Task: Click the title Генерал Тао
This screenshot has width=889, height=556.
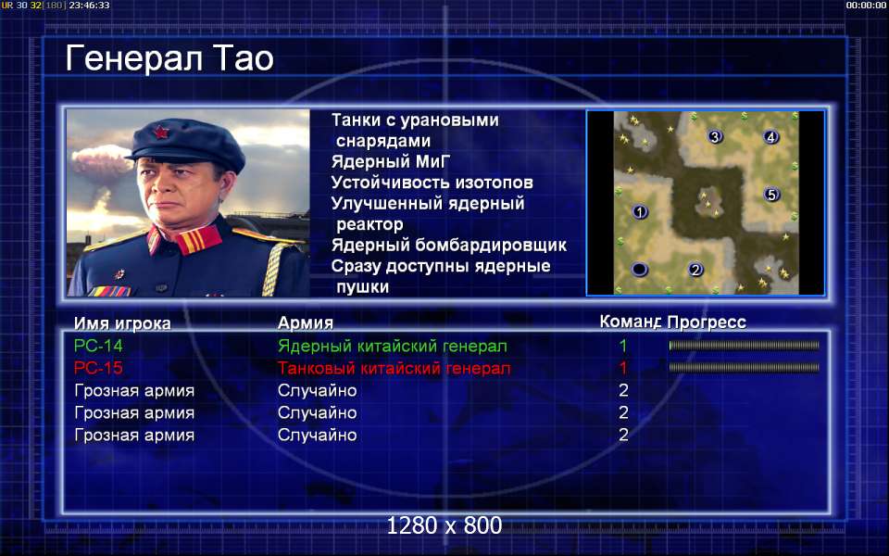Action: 169,58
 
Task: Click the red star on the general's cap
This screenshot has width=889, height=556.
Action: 160,133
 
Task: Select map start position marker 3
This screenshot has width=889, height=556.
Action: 715,137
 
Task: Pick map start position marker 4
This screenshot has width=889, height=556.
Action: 770,137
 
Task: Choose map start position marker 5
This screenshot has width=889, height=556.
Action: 771,195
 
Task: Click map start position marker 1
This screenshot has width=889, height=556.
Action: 640,212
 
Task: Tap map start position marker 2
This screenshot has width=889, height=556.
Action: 695,270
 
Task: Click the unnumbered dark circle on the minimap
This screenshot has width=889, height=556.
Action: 640,269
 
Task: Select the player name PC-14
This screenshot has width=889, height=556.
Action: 98,346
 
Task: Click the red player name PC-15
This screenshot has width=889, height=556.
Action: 98,368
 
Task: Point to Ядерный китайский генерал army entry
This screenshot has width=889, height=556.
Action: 393,346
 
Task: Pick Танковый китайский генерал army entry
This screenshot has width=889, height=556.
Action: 394,368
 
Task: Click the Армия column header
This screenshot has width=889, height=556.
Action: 305,322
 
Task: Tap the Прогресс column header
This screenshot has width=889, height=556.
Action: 707,322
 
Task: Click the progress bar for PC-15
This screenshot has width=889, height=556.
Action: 744,368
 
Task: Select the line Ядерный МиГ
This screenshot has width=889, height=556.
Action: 391,161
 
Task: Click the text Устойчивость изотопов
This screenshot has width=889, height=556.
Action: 432,183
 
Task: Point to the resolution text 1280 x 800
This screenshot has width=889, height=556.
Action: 444,525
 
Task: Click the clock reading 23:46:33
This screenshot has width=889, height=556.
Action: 89,6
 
